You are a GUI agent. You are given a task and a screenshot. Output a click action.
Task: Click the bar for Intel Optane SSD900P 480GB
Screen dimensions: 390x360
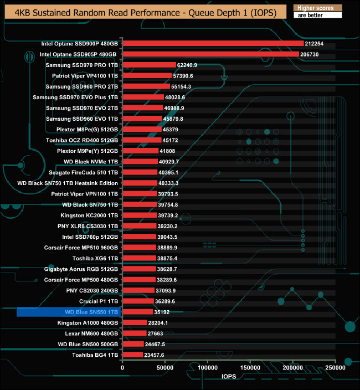pyautogui.click(x=213, y=43)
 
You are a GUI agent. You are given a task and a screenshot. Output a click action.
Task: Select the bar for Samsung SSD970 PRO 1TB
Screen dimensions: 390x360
pyautogui.click(x=149, y=65)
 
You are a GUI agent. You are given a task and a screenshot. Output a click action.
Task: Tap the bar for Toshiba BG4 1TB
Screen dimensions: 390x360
pyautogui.click(x=132, y=355)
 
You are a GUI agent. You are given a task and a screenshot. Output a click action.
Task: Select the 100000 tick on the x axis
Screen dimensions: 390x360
pyautogui.click(x=208, y=367)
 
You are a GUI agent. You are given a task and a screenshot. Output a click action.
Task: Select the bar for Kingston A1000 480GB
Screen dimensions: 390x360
pyautogui.click(x=135, y=322)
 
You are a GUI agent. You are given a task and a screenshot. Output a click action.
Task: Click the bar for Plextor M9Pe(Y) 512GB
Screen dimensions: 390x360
pyautogui.click(x=140, y=151)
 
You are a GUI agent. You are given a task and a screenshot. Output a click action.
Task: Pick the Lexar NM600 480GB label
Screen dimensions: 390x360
pyautogui.click(x=88, y=333)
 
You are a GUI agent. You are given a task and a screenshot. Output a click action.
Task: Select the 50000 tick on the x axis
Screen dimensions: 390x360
pyautogui.click(x=165, y=367)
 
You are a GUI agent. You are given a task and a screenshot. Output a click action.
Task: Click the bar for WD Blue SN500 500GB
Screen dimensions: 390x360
pyautogui.click(x=133, y=344)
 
